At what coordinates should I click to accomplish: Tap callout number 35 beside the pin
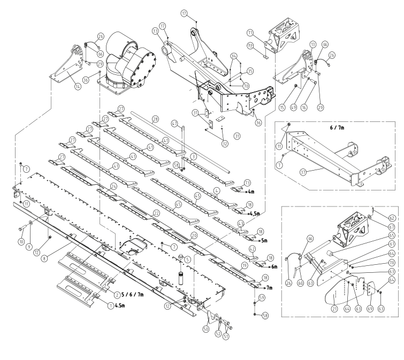click(x=249, y=71)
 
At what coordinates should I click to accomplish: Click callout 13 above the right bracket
click(x=312, y=44)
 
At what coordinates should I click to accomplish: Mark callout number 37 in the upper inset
click(x=303, y=172)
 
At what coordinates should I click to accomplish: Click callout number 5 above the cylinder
click(x=180, y=259)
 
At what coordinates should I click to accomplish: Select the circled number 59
click(x=262, y=297)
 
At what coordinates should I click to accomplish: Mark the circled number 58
click(x=265, y=316)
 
